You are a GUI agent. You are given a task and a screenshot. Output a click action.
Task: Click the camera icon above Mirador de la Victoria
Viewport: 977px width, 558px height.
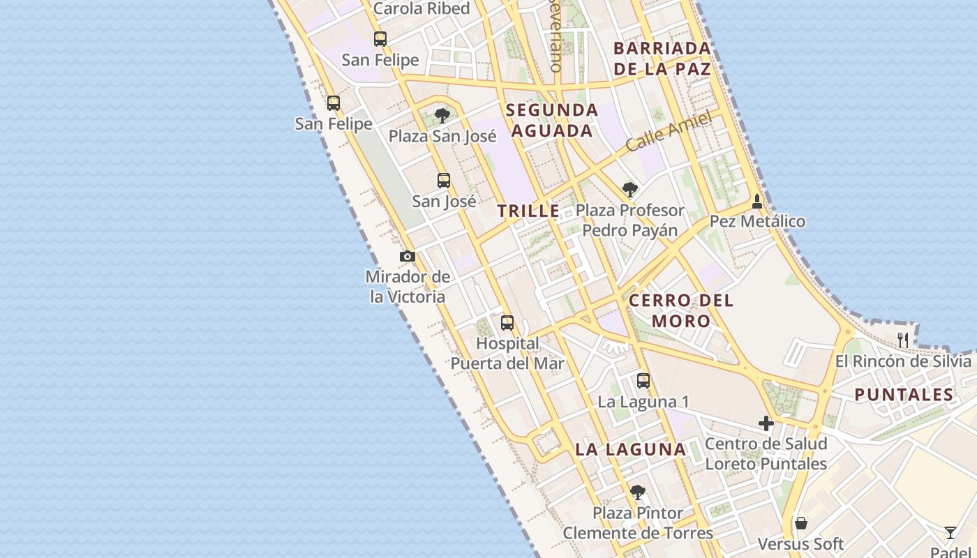coord(408,257)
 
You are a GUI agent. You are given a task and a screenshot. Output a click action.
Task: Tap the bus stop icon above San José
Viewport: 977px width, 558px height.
coord(444,181)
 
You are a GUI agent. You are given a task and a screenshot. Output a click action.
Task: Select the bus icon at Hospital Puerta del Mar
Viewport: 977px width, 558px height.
coord(507,323)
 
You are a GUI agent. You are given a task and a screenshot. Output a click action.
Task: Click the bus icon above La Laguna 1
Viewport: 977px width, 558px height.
coord(643,381)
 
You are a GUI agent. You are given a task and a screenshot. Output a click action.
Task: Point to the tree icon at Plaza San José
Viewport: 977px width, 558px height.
coord(442,115)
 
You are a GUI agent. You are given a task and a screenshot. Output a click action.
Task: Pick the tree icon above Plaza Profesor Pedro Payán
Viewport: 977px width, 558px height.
coord(630,189)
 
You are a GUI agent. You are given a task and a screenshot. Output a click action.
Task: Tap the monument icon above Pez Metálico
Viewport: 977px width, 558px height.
coord(757,202)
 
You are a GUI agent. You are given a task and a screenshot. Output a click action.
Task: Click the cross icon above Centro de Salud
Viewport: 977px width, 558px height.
coord(766,423)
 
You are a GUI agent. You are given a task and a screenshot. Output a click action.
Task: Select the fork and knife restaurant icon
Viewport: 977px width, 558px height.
coord(903,340)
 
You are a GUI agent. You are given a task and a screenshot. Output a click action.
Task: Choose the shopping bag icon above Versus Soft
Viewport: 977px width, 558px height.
coord(801,523)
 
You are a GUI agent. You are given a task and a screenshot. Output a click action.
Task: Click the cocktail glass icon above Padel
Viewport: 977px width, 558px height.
coord(950,533)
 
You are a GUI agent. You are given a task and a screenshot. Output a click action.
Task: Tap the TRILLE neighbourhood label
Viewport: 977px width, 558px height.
coord(528,211)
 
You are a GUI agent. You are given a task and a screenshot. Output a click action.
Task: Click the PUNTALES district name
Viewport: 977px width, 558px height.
coord(904,395)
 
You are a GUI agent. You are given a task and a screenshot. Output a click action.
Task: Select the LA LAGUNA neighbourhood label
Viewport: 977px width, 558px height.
coord(631,450)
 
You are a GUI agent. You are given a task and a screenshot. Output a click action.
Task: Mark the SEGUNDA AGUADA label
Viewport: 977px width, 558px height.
coord(552,120)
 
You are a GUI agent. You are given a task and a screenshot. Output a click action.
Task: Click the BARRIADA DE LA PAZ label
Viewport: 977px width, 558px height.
coord(662,59)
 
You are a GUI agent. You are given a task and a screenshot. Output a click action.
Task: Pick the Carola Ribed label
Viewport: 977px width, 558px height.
coord(422,9)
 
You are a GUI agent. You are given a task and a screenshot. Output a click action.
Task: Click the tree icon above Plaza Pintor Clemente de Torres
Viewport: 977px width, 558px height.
coord(637,492)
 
